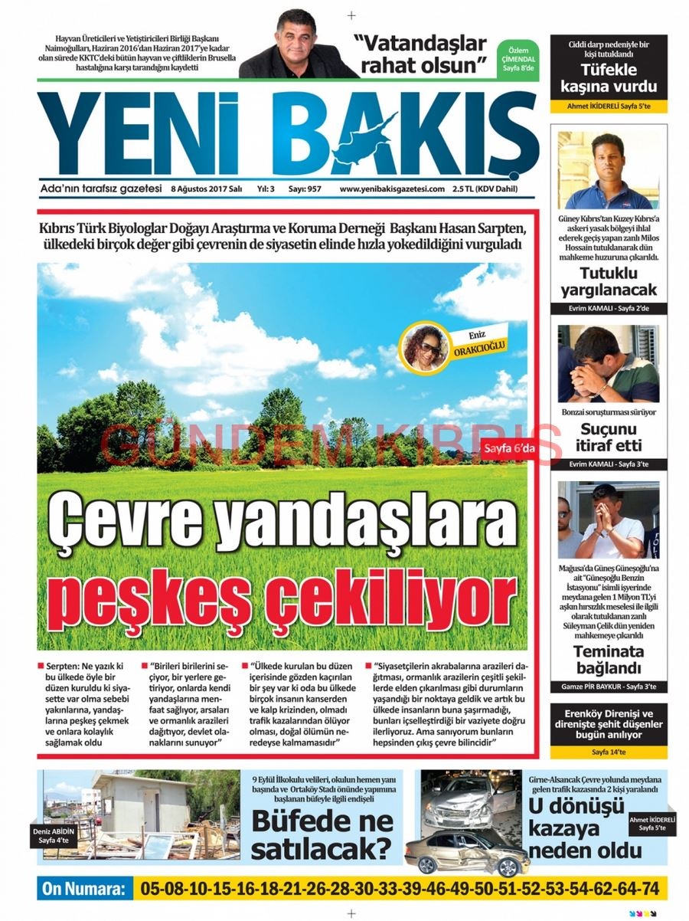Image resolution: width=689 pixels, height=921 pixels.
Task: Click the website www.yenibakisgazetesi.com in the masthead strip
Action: tap(392, 188)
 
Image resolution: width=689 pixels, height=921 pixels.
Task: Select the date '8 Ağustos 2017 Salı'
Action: tap(207, 188)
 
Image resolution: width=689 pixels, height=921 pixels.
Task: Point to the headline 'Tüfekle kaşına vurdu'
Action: tap(609, 77)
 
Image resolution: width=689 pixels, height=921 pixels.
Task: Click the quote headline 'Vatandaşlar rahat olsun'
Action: tap(420, 54)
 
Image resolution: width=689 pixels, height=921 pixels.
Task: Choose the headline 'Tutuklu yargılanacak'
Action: tap(609, 282)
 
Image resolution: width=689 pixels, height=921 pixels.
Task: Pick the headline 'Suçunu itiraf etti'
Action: tap(609, 437)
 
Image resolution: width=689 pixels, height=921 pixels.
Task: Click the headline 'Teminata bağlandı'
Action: tap(609, 660)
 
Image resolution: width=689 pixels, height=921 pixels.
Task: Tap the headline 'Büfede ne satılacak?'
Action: tap(323, 834)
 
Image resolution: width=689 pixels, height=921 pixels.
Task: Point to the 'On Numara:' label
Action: tap(83, 889)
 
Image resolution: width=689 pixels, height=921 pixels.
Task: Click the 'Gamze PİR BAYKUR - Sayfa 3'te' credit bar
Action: tap(609, 687)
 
